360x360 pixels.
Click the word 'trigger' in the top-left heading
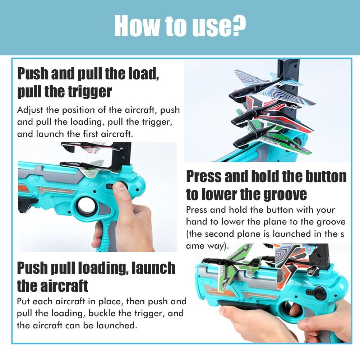[x=89, y=92]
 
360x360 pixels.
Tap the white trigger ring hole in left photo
[x=86, y=206]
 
